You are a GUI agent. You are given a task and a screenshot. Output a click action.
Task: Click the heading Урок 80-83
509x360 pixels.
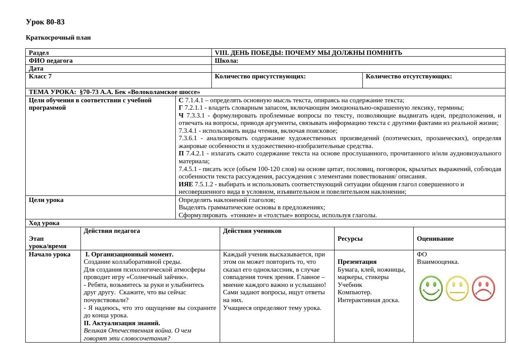[x=45, y=22]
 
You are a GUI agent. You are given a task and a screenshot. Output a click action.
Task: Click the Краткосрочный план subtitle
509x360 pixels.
[x=58, y=38]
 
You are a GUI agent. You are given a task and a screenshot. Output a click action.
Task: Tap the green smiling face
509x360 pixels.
[x=431, y=289]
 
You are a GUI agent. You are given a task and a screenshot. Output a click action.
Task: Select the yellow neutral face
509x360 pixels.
[x=457, y=289]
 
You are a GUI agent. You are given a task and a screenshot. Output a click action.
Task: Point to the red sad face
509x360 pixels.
[x=483, y=289]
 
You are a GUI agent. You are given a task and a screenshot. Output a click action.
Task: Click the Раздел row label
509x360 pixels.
[x=39, y=53]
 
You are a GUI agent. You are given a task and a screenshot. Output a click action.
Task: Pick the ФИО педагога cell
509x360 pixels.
[x=50, y=61]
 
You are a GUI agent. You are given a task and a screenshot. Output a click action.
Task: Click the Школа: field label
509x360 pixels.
[x=227, y=61]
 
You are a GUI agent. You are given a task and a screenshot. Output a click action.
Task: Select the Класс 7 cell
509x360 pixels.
[x=40, y=77]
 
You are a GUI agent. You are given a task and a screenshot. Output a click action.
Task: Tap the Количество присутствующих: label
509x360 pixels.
[x=260, y=77]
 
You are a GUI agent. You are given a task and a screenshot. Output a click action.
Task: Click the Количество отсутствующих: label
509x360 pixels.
[x=409, y=77]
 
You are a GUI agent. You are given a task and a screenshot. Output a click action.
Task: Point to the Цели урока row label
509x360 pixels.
[x=46, y=200]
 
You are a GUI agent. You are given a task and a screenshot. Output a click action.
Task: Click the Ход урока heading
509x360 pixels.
[x=44, y=223]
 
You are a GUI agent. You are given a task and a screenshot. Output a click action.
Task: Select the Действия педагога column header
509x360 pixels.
[x=112, y=231]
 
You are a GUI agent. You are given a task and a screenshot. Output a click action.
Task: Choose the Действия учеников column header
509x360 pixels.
[x=252, y=231]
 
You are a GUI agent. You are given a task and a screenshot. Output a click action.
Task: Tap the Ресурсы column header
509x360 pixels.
[x=350, y=239]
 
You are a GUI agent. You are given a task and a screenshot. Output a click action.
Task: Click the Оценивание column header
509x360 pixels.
[x=435, y=239]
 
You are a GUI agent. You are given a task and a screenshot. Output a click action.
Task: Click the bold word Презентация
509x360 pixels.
[x=357, y=262]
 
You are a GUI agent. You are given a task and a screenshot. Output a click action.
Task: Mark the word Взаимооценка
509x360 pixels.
[x=438, y=262]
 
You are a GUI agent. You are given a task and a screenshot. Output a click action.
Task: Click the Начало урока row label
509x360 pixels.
[x=49, y=255]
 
